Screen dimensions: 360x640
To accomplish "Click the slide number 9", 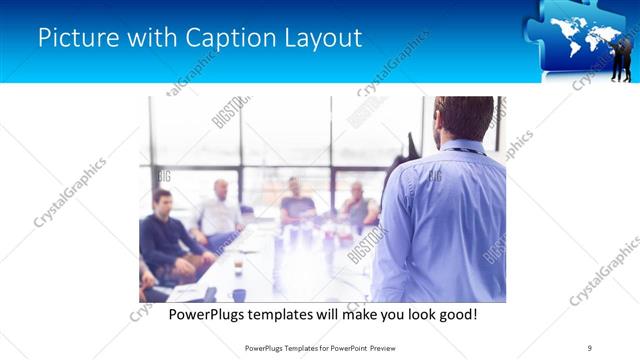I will [x=588, y=347].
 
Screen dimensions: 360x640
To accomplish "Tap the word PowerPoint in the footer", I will [x=342, y=347].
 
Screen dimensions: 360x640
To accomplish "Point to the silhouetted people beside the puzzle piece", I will [x=621, y=55].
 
